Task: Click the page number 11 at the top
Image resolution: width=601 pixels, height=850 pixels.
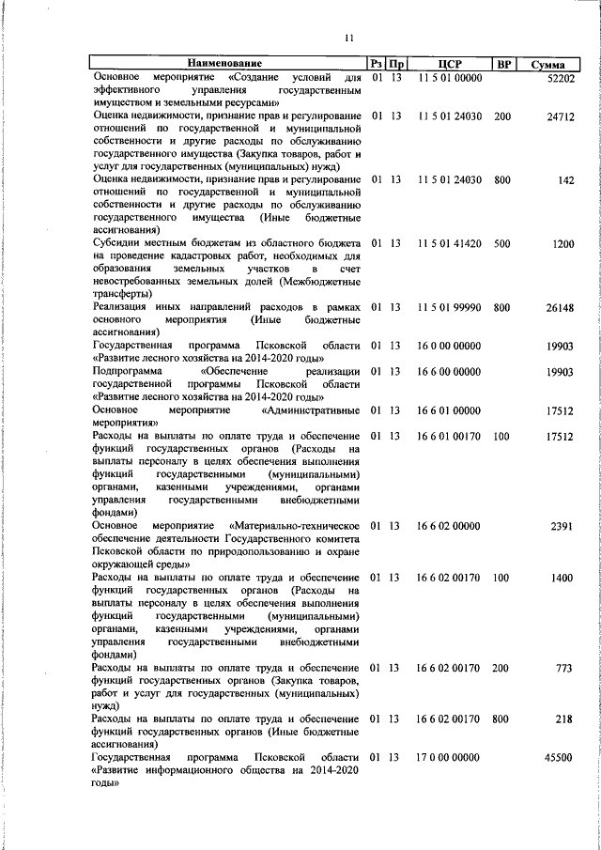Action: (348, 38)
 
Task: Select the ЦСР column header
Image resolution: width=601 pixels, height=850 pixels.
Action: (447, 64)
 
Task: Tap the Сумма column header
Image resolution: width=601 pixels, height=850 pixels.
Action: (547, 65)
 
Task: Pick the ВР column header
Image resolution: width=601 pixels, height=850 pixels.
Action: (504, 64)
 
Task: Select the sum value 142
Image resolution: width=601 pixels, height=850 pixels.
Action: (565, 180)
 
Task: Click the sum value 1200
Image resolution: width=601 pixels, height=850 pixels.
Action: (562, 244)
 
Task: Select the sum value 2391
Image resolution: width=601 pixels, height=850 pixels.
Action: (562, 526)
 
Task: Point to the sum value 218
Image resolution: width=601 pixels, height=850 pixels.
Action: (564, 719)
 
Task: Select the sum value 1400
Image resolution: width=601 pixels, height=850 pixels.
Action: (562, 578)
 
